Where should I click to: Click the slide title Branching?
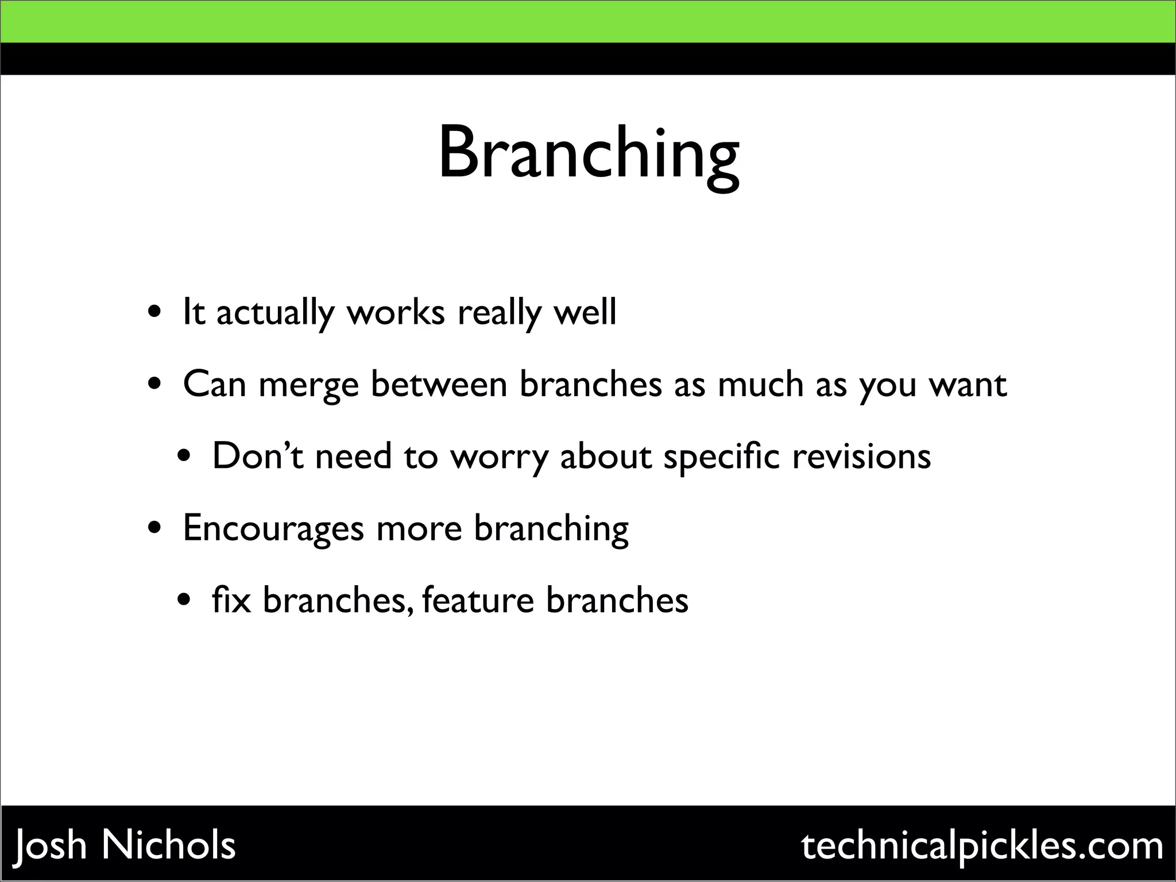588,155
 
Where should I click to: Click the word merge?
308,385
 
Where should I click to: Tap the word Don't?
257,456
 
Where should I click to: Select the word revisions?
861,456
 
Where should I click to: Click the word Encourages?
273,528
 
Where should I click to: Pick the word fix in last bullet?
231,600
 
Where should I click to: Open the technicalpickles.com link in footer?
982,846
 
